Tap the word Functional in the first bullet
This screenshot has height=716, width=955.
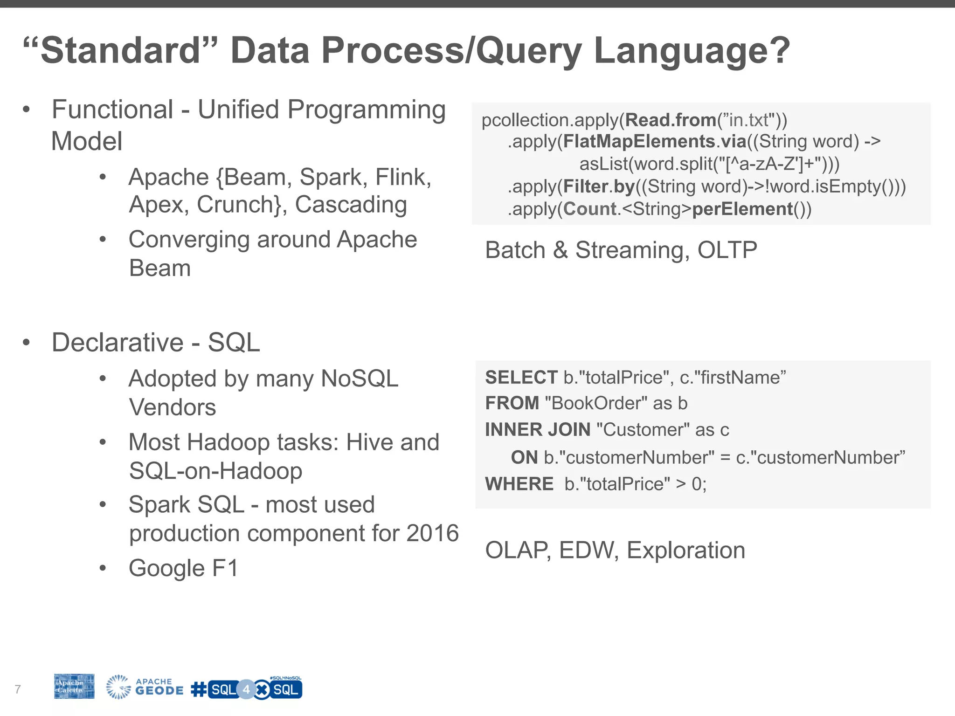point(112,110)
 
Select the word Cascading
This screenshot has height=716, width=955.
point(351,205)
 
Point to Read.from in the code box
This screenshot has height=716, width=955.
point(670,120)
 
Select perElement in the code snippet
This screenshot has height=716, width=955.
point(742,209)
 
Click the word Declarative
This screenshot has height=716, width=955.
point(118,343)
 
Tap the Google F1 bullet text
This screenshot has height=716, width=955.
point(183,568)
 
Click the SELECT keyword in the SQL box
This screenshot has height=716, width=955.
point(521,378)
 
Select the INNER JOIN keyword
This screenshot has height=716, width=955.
point(538,430)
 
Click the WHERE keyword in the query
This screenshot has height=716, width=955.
point(519,484)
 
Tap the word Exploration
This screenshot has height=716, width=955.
point(685,551)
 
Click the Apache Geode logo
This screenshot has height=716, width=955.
point(145,687)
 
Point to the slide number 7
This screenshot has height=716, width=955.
point(18,689)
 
